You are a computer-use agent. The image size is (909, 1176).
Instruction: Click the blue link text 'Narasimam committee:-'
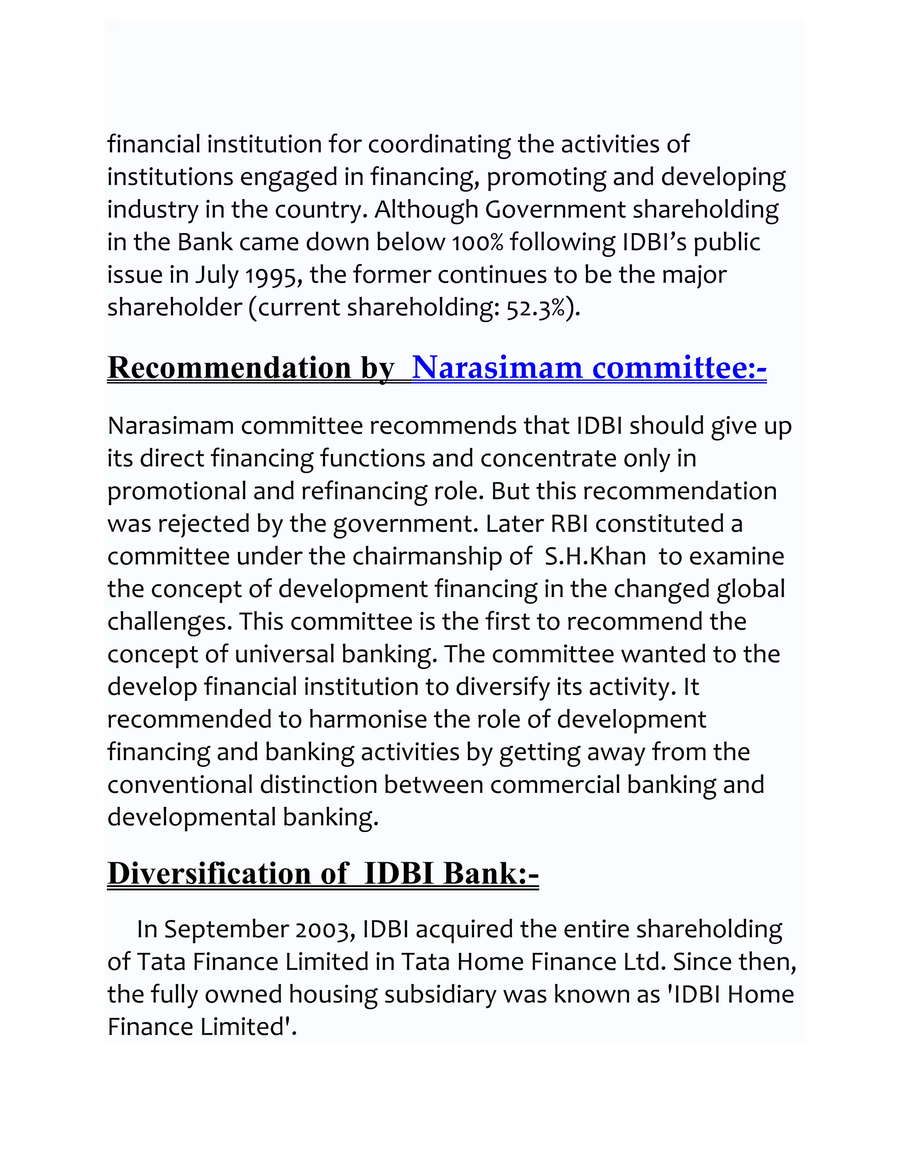(x=589, y=368)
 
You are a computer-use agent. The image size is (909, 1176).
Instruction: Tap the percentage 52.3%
(x=536, y=308)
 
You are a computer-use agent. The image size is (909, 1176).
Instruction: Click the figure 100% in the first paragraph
(x=477, y=243)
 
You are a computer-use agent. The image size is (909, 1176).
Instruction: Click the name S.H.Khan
(x=595, y=556)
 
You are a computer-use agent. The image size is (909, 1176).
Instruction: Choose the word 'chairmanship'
(x=427, y=556)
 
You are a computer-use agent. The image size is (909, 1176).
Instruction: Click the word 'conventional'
(x=180, y=785)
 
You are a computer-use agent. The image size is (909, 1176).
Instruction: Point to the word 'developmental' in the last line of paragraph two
(x=192, y=817)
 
